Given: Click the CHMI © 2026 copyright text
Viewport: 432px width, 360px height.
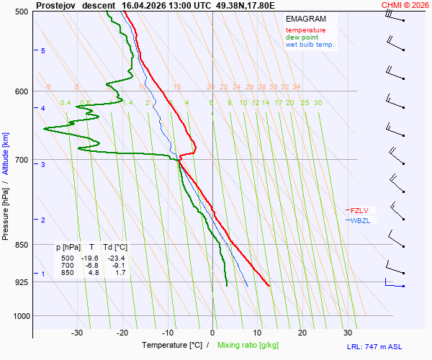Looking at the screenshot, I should click(405, 5).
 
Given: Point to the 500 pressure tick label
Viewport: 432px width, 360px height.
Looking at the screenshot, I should click(21, 12).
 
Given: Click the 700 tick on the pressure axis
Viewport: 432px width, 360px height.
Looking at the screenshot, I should click(21, 160).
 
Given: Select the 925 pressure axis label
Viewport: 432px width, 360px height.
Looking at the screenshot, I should click(21, 282).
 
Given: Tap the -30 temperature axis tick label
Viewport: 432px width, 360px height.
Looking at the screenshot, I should click(77, 333).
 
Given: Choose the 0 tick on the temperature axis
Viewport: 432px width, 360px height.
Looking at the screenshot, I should click(212, 333).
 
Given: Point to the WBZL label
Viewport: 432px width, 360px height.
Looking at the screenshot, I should click(360, 220).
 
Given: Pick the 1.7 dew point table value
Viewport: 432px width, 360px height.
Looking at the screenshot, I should click(120, 272).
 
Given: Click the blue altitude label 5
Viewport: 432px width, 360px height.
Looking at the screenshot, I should click(42, 51).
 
